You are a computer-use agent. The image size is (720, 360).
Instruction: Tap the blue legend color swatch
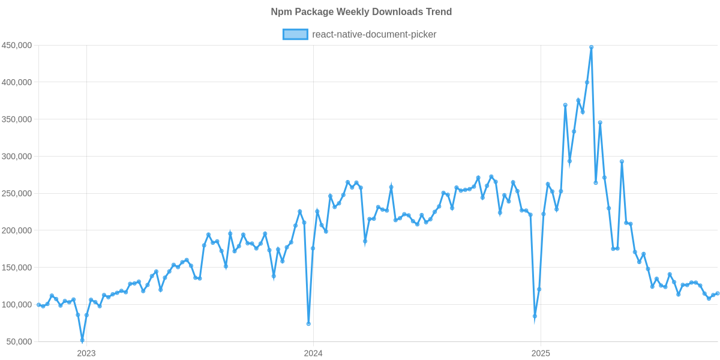pyautogui.click(x=295, y=34)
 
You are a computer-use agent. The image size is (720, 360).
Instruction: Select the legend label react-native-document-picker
pyautogui.click(x=374, y=34)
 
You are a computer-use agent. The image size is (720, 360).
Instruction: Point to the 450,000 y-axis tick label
pyautogui.click(x=17, y=46)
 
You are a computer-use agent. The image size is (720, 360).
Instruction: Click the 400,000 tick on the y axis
pyautogui.click(x=17, y=82)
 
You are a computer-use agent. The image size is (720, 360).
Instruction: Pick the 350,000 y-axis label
pyautogui.click(x=17, y=119)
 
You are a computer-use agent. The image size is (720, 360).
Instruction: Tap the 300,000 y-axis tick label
pyautogui.click(x=17, y=157)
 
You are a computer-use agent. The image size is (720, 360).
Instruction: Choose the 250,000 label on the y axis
pyautogui.click(x=17, y=194)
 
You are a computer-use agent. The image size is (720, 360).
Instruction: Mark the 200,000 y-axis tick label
pyautogui.click(x=17, y=230)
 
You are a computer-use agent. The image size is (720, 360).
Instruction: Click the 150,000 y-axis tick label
pyautogui.click(x=17, y=268)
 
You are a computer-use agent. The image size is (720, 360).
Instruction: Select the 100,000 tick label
pyautogui.click(x=17, y=305)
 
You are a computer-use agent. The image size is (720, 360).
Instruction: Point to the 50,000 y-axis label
pyautogui.click(x=19, y=341)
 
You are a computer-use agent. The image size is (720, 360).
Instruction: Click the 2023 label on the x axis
pyautogui.click(x=86, y=353)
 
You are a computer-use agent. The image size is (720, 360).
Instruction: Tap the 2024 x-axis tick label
pyautogui.click(x=313, y=353)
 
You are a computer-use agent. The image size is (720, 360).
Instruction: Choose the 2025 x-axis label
pyautogui.click(x=541, y=353)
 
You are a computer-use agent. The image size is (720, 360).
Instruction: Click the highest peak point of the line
pyautogui.click(x=591, y=47)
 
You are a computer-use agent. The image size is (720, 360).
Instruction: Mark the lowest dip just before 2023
pyautogui.click(x=82, y=340)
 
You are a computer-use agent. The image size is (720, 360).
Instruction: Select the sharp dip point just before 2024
pyautogui.click(x=308, y=323)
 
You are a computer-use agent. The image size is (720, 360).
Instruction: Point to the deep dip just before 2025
pyautogui.click(x=535, y=316)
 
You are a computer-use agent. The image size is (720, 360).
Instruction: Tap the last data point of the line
pyautogui.click(x=718, y=293)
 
